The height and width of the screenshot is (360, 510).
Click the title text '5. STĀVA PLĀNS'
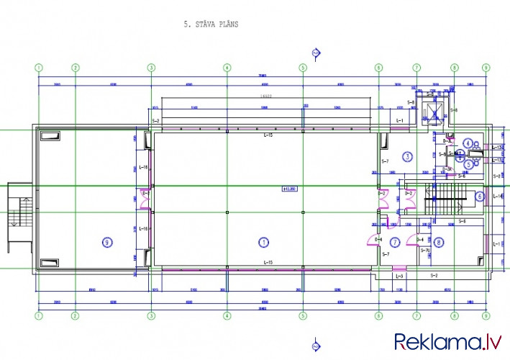tap(211, 24)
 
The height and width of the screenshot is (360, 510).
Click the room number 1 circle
tap(263, 242)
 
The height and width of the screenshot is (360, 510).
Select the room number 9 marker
tap(107, 242)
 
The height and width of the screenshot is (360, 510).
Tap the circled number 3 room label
tap(407, 156)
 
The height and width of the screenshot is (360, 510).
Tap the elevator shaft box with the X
tap(433, 113)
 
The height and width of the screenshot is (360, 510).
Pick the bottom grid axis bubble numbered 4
tap(227, 315)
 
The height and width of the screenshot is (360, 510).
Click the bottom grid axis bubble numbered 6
tap(378, 315)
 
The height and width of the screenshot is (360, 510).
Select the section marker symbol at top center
tap(315, 52)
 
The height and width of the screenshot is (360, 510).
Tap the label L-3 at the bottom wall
tap(400, 276)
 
